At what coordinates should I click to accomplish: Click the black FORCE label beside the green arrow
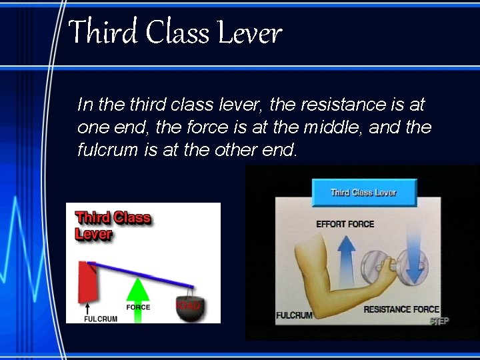coord(138,307)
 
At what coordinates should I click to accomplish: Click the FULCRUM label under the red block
coord(101,318)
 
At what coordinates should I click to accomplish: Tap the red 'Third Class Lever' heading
coord(113,225)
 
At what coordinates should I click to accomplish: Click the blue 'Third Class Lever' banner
coord(364,193)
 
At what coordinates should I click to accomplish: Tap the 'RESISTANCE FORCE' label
coord(401,309)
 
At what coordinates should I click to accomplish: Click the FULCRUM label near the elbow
coord(294,315)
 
